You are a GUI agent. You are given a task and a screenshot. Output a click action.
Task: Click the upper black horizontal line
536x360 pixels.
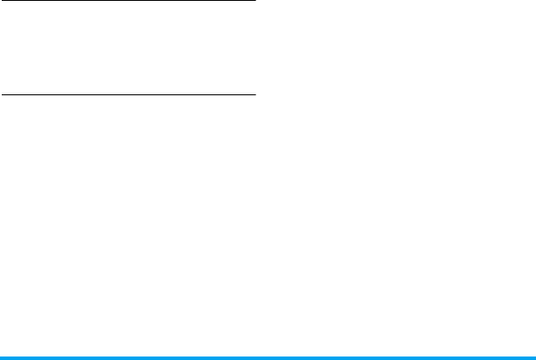(128, 1)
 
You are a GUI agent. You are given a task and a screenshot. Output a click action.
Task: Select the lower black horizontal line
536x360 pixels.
(128, 93)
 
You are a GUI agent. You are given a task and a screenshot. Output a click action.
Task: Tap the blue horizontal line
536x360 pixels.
(268, 357)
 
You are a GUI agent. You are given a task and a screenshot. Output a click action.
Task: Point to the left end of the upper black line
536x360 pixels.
(1, 1)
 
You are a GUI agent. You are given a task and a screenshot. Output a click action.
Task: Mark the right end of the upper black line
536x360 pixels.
(254, 1)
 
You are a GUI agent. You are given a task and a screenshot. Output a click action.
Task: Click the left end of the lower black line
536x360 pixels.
(1, 93)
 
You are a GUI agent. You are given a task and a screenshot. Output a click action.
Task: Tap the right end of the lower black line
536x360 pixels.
(254, 93)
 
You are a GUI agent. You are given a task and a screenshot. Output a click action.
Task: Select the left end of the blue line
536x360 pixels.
(1, 357)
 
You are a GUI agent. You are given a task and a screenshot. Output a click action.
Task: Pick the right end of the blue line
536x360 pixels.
(534, 357)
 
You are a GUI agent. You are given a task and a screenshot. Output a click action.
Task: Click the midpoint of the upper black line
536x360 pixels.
(128, 1)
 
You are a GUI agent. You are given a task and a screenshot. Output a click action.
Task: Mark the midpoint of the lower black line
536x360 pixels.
(128, 93)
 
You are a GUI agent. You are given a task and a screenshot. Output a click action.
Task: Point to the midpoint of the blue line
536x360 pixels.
(268, 357)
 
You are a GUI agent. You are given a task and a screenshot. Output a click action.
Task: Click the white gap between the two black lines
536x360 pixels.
(128, 47)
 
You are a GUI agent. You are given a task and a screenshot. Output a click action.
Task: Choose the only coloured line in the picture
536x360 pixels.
(268, 357)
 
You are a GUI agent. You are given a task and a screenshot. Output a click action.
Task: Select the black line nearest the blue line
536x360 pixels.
(128, 93)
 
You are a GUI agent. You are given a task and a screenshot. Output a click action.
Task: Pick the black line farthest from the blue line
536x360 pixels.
(128, 1)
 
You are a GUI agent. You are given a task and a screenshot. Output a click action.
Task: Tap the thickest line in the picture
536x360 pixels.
(268, 357)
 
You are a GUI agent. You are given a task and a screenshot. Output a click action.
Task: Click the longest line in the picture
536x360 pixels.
(268, 357)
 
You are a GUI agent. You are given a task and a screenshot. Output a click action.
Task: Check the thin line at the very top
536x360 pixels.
(128, 1)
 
